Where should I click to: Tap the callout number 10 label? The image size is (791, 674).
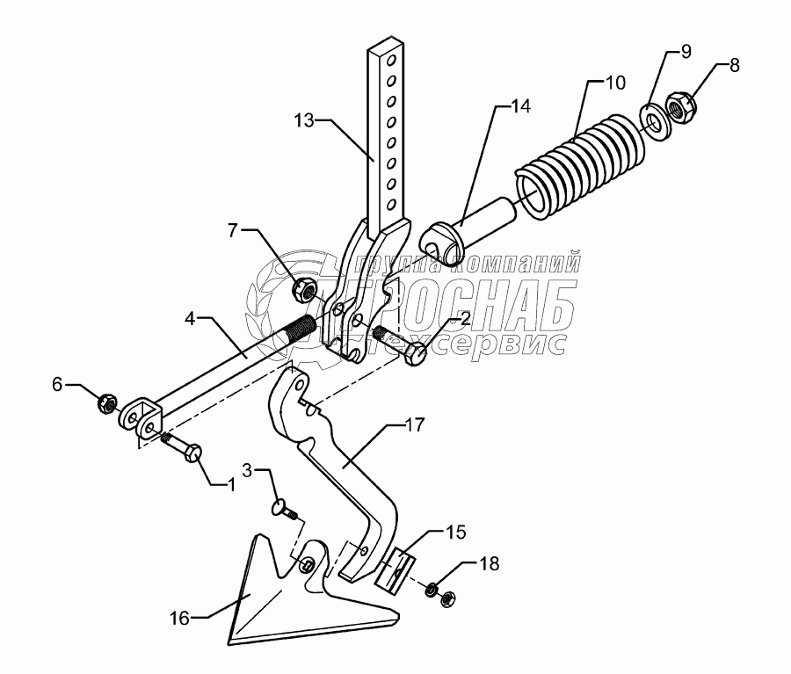click(x=614, y=83)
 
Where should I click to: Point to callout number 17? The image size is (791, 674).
click(x=414, y=425)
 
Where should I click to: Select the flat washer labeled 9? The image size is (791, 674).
click(x=653, y=119)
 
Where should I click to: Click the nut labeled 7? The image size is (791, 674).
click(x=304, y=286)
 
